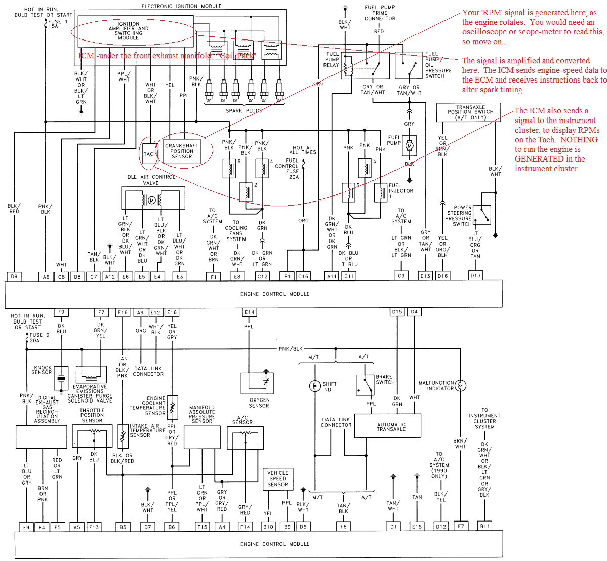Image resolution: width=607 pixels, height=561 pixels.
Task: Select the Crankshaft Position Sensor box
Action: coord(182,151)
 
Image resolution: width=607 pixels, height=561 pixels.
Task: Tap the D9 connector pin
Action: coord(14,276)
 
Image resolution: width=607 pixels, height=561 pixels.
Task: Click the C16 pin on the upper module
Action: coord(303,276)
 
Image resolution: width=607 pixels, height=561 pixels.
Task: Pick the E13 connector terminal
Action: coord(425,276)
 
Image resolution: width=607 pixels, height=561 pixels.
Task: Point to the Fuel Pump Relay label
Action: coord(332,59)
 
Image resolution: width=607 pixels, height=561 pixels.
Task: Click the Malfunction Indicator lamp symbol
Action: coord(460,386)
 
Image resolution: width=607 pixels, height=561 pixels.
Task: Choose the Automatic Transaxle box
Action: coord(391,426)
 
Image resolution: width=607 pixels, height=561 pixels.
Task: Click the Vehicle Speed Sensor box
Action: coord(277,479)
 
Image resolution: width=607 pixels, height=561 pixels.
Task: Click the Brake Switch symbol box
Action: coord(365,385)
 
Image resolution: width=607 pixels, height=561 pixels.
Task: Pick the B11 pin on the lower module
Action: coord(485,526)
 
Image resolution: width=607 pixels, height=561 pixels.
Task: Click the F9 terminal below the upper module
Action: coord(61,312)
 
